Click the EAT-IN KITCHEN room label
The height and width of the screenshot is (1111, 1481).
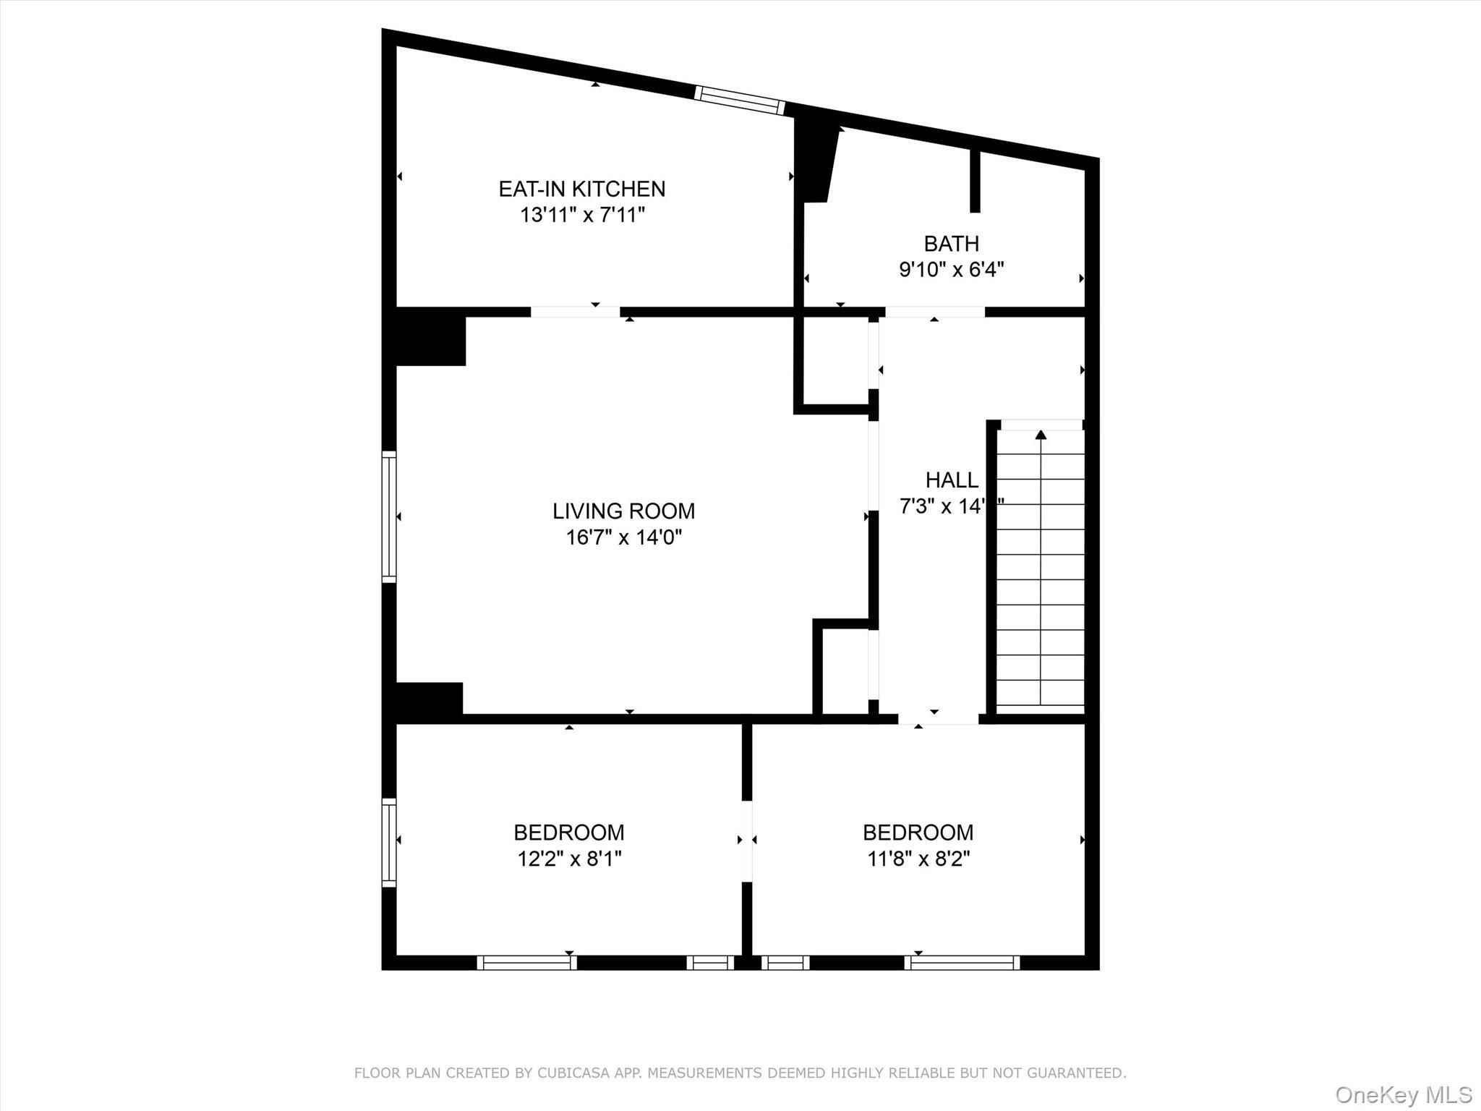(581, 189)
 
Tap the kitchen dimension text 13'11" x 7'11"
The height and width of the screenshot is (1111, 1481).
(581, 215)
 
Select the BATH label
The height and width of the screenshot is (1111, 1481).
(951, 243)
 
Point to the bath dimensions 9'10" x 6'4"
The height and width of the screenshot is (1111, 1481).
(951, 270)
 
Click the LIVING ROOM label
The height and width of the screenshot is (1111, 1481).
(623, 511)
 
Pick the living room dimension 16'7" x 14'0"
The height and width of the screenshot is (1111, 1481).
(623, 537)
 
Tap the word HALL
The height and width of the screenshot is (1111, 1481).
(952, 480)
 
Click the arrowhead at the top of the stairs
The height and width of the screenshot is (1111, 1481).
(1041, 435)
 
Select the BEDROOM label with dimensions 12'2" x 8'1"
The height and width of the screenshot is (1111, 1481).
(569, 833)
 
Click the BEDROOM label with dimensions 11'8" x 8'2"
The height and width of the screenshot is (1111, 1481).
(918, 833)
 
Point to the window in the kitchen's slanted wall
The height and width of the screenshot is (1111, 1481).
(739, 101)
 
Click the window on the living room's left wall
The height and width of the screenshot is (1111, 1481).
(389, 516)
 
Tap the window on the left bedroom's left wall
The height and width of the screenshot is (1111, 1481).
(389, 842)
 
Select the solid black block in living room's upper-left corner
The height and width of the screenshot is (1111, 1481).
(430, 337)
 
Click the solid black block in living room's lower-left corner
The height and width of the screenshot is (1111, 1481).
(428, 700)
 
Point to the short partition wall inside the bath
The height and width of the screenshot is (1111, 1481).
(974, 181)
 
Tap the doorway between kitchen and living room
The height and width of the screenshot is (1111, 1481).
(576, 312)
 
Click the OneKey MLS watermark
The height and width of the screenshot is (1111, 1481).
(1403, 1094)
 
